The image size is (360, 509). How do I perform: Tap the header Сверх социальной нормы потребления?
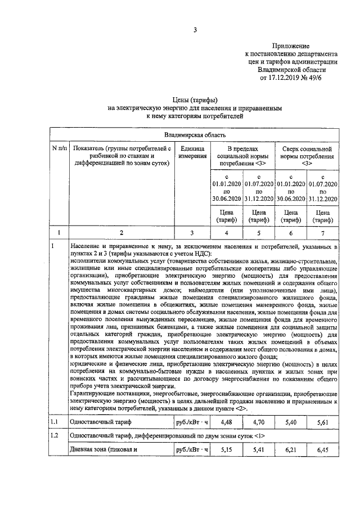(x=307, y=155)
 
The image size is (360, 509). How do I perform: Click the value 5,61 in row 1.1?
(x=323, y=420)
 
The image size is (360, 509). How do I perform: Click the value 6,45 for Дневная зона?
(x=323, y=450)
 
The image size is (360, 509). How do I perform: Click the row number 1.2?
(x=55, y=435)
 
